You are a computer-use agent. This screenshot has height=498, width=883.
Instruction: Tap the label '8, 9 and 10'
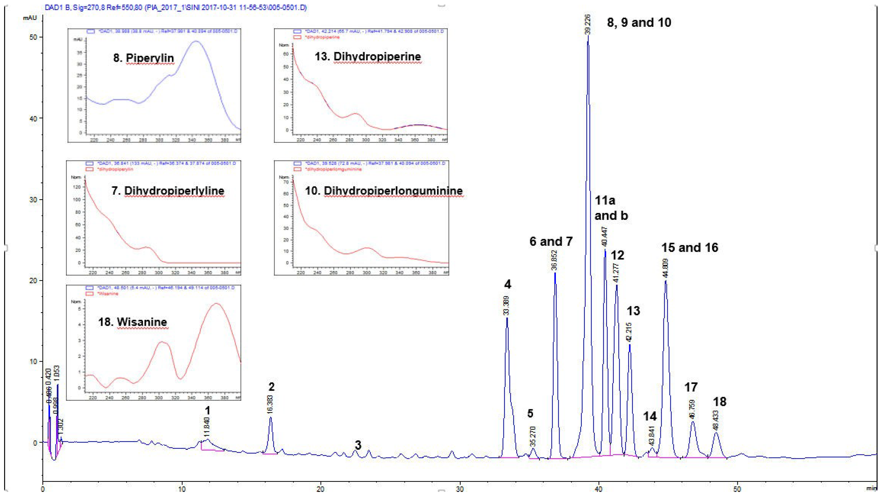[x=639, y=23]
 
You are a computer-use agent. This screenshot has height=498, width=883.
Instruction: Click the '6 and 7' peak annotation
[x=551, y=241]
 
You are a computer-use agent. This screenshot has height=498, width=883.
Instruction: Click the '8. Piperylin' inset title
[x=144, y=58]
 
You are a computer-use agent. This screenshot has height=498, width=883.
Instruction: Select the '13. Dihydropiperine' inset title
[x=367, y=56]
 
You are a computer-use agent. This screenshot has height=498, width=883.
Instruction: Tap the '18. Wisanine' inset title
[x=133, y=322]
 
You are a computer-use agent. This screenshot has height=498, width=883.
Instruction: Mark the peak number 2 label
[x=272, y=387]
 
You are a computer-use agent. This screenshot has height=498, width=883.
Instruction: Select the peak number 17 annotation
[x=691, y=387]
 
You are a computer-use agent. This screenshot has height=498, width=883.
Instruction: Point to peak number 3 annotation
[x=358, y=445]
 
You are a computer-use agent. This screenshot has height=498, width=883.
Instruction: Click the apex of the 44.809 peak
[x=666, y=281]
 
